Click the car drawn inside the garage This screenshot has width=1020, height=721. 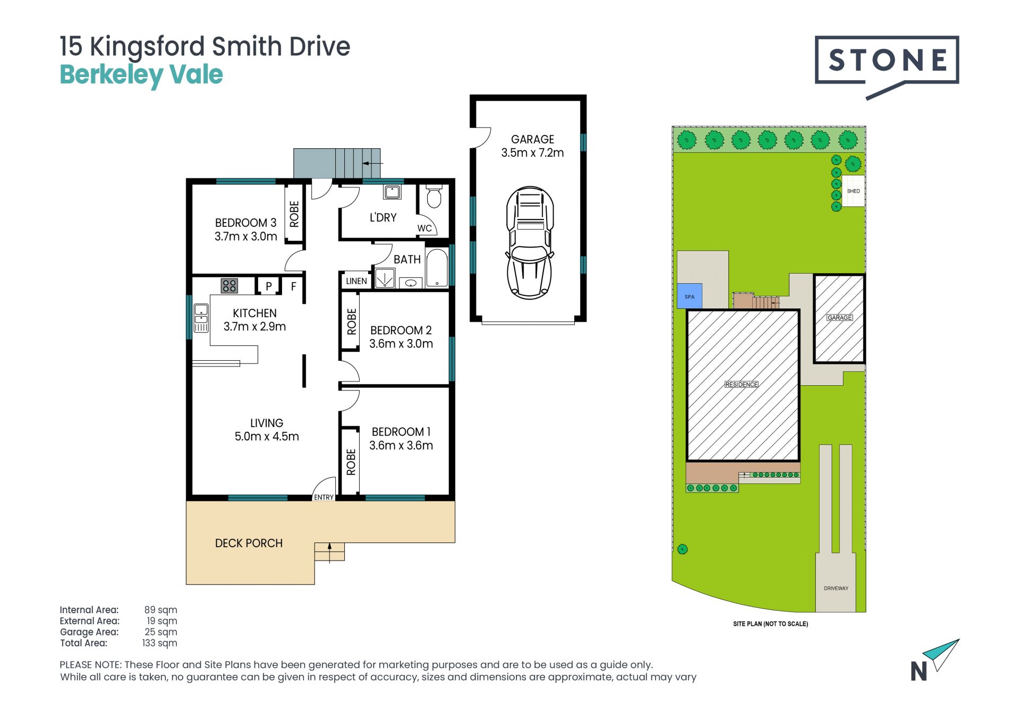click(529, 242)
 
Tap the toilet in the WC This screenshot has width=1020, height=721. click(434, 196)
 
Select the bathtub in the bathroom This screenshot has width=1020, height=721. click(437, 268)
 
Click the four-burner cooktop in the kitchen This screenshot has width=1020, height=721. click(229, 286)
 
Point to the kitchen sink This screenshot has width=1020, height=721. click(201, 318)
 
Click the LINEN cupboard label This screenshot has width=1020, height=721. click(356, 281)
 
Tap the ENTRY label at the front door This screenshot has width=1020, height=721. click(324, 497)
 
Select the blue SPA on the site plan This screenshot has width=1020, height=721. click(690, 296)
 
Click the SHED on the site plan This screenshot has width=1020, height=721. click(853, 191)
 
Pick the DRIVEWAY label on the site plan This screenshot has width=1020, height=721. click(836, 588)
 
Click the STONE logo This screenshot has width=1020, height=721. click(887, 65)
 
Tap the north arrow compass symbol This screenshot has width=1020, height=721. click(934, 660)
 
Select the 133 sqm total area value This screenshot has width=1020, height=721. click(159, 643)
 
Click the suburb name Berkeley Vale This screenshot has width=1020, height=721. click(141, 75)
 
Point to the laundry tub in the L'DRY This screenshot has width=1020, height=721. click(393, 192)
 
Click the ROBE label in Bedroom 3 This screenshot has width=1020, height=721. click(294, 214)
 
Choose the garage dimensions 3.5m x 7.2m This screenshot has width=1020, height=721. click(532, 152)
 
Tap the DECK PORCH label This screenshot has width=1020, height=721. click(249, 543)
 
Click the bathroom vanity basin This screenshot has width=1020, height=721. click(411, 283)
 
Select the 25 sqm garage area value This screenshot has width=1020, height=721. click(161, 632)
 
